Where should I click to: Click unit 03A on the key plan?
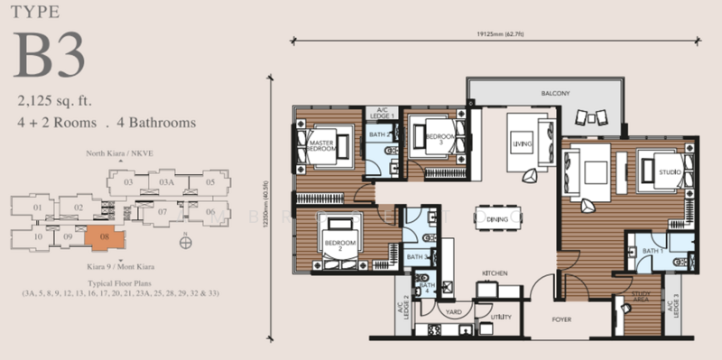(166, 182)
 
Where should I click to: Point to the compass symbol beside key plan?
(185, 241)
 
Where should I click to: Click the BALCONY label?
(542, 93)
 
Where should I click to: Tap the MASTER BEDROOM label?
(322, 146)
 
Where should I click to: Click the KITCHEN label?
(496, 272)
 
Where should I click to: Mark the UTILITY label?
(502, 317)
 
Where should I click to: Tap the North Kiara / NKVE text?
(117, 155)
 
